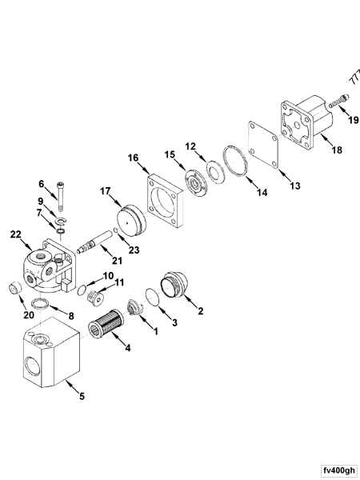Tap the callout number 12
click(190, 146)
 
